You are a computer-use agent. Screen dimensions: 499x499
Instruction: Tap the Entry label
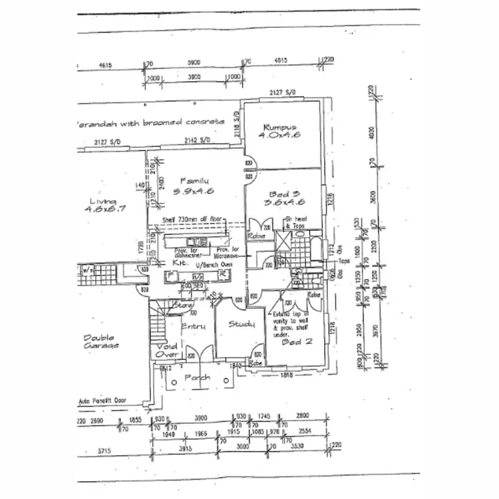194,327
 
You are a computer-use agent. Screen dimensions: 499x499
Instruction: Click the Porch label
197,377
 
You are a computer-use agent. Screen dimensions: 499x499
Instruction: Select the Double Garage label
101,343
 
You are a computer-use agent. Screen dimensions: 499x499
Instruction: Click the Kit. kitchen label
178,263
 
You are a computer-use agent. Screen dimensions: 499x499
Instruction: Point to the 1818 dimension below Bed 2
287,375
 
